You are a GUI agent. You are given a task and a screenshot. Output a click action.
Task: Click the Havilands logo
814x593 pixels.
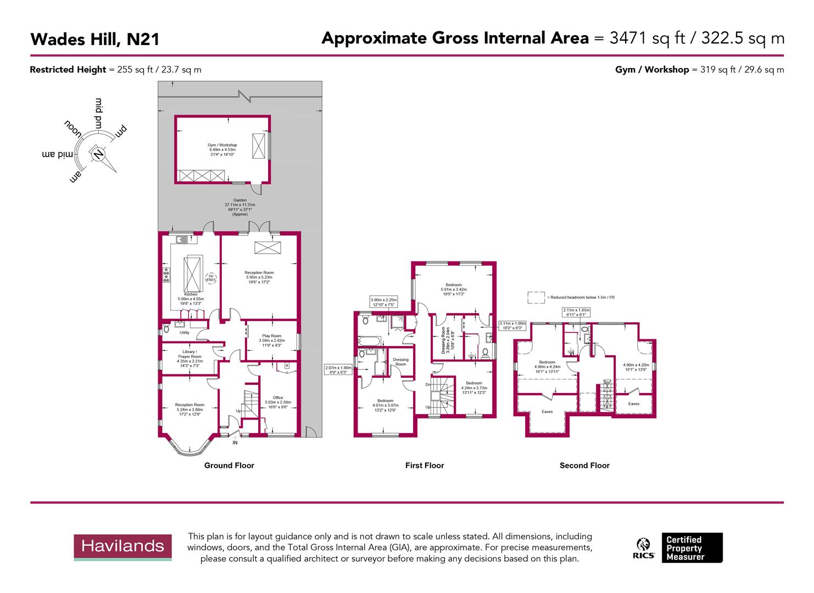point(122,546)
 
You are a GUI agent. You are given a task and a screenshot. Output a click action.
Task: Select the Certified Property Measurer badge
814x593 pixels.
point(692,548)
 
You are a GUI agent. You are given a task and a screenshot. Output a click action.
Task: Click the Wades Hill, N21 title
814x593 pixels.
point(94,40)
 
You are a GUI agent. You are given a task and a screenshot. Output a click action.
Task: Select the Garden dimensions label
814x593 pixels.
point(239,207)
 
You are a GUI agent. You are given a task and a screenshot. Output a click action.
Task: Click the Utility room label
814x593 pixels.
point(185,332)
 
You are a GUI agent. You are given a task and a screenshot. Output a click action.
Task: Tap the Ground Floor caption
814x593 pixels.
point(229,466)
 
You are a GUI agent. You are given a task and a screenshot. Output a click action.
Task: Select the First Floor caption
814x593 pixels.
point(425,466)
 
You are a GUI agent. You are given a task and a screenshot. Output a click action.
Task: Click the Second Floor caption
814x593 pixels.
point(584,466)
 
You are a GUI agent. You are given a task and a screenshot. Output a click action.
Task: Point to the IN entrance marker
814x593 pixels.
point(235,443)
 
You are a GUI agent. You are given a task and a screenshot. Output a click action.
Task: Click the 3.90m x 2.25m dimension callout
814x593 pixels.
point(383,302)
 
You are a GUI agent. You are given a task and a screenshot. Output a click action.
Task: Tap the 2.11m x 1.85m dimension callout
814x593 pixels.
point(576,312)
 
